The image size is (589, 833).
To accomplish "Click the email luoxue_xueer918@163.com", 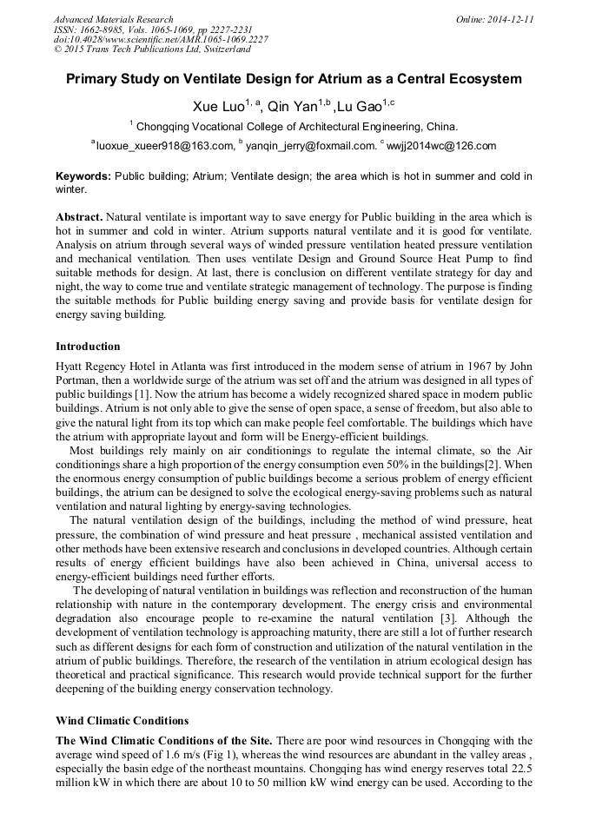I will tap(165, 145).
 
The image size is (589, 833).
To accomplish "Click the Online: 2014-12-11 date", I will tap(494, 19).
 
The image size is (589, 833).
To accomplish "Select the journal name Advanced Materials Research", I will tap(114, 19).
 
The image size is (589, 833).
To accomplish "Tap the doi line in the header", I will tap(161, 39).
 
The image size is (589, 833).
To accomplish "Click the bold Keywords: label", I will tap(83, 176).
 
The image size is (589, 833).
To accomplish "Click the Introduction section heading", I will tap(88, 347).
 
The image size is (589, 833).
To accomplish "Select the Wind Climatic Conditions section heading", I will tap(122, 721).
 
